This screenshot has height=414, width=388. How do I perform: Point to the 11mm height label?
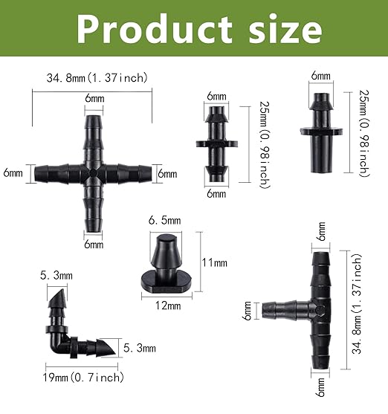coord(215,262)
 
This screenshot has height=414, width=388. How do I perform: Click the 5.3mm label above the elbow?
coord(56,276)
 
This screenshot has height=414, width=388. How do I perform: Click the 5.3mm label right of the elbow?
coord(140,348)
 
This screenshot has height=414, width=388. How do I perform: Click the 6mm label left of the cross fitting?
coord(13,173)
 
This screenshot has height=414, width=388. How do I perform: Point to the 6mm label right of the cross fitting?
coord(168,173)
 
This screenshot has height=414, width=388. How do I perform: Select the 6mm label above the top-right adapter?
coord(321,76)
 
